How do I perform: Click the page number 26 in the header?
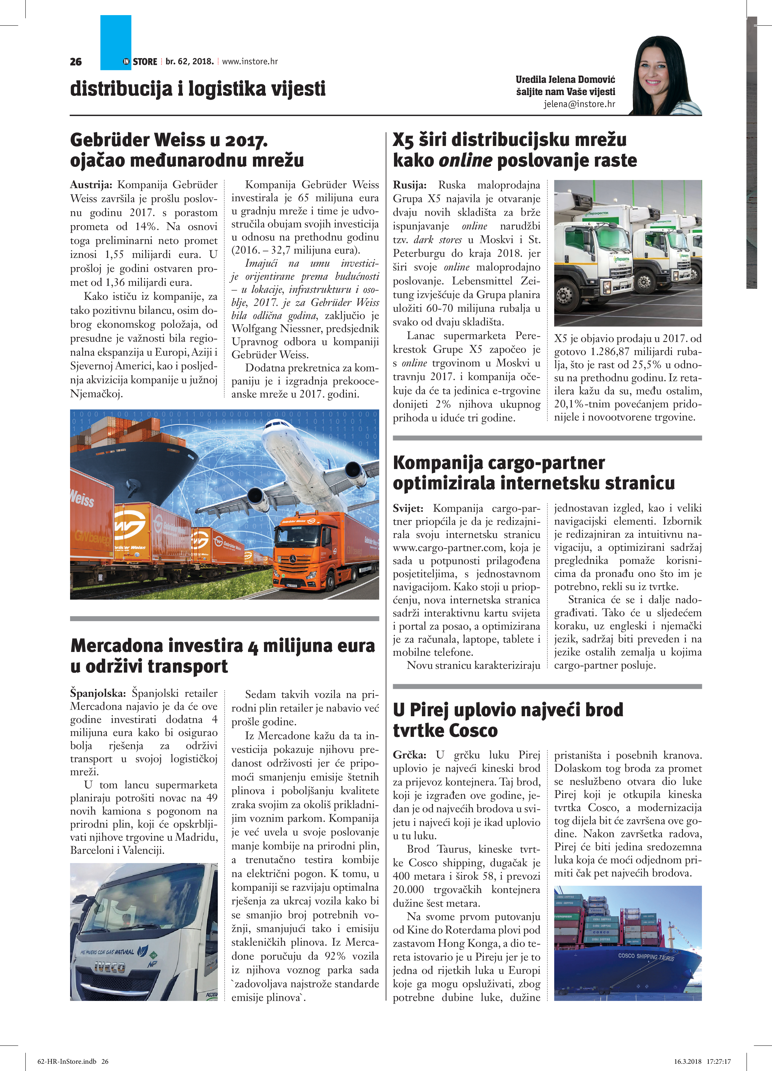pyautogui.click(x=76, y=62)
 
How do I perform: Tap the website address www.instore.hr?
pyautogui.click(x=250, y=61)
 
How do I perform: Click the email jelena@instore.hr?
pyautogui.click(x=579, y=104)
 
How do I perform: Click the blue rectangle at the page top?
pyautogui.click(x=116, y=40)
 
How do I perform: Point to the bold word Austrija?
pyautogui.click(x=91, y=185)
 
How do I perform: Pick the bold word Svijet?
pyautogui.click(x=408, y=509)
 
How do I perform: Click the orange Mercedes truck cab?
pyautogui.click(x=302, y=553)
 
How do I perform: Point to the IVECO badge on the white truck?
pyautogui.click(x=110, y=967)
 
